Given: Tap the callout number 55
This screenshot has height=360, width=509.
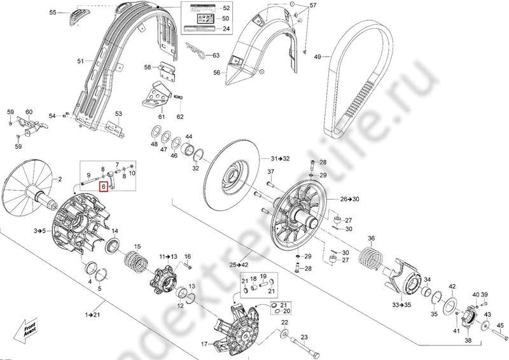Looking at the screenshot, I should pos(53,12).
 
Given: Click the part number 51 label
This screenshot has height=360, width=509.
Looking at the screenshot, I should pos(80,62).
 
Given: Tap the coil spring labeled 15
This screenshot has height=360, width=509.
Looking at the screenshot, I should pos(136,259).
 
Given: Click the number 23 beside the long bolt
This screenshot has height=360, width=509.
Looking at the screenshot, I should pos(303,337).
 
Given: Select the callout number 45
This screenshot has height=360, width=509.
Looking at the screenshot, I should pos(500,327).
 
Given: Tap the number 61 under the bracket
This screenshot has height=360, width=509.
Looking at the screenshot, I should pos(161,117).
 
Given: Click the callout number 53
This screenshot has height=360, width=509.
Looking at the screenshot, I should pos(118,114).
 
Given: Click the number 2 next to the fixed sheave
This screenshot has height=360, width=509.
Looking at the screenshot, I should pos(61,180).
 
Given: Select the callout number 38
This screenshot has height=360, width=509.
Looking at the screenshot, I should pos(468,341).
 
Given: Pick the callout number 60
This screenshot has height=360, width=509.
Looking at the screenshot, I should pos(29,113).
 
